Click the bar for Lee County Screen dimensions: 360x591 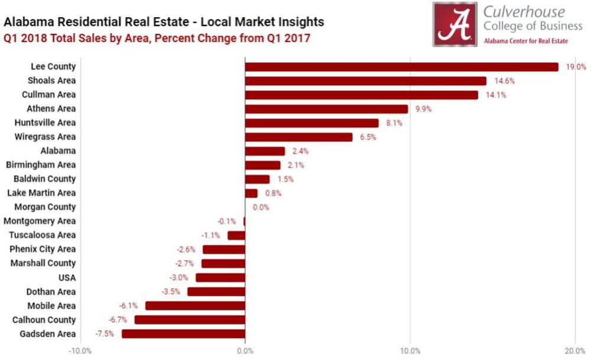(401, 67)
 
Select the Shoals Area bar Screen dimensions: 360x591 (365, 81)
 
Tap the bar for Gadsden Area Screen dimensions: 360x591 (183, 334)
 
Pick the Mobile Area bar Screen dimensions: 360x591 (195, 306)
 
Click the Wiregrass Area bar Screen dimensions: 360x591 (298, 137)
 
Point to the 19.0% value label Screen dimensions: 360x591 (574, 67)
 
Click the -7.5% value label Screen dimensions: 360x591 (105, 334)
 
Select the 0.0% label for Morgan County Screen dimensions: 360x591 (261, 207)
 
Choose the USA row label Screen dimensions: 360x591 (67, 277)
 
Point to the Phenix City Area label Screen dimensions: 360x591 (43, 249)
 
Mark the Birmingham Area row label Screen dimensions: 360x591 (41, 165)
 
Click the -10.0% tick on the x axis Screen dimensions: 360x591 (80, 351)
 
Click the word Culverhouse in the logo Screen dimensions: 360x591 (524, 12)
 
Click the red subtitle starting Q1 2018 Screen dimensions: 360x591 (157, 38)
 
